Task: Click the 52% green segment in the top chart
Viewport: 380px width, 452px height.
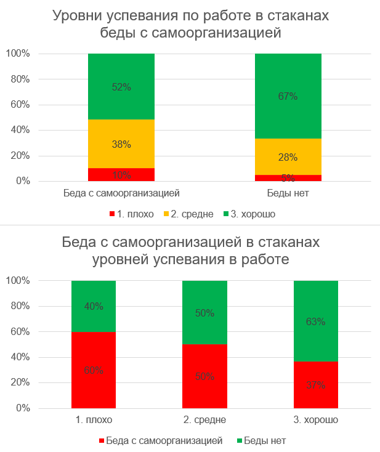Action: pos(121,86)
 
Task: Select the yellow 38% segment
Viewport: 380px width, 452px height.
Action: pos(121,143)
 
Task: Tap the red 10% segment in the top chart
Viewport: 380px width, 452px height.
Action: pos(121,175)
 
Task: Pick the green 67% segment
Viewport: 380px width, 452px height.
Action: pos(288,96)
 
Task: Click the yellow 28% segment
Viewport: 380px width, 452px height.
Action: pos(288,156)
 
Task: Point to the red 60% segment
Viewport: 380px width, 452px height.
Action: pos(94,370)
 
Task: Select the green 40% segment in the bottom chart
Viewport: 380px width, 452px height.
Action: pos(94,306)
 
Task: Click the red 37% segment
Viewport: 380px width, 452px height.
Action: pos(317,385)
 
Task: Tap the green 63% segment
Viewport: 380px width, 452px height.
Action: pos(317,321)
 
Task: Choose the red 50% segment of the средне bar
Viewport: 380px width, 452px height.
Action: pos(205,376)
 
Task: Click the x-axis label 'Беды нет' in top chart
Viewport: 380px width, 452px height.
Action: pos(288,193)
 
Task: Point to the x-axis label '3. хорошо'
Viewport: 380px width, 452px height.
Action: pos(317,420)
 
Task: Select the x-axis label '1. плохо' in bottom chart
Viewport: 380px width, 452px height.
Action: pos(94,420)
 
